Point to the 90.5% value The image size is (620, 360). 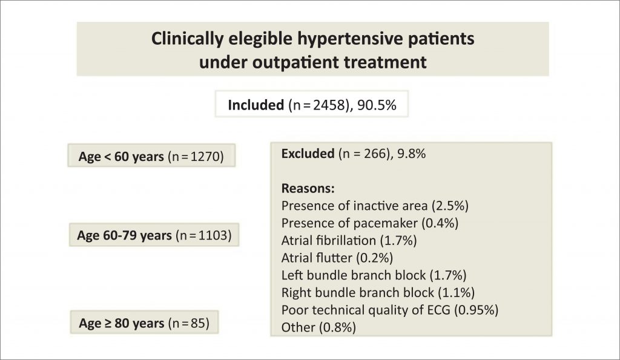377,105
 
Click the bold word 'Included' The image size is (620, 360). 256,105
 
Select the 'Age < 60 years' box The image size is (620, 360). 151,155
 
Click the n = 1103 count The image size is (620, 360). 203,235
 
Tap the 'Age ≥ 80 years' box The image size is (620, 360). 144,322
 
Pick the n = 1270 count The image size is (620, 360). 196,157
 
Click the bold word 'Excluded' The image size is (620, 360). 308,153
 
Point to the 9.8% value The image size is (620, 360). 411,153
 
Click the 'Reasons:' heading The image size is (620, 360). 308,188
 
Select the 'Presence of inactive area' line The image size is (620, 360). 375,206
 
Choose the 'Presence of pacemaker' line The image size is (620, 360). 370,223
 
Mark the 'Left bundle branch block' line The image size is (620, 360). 374,275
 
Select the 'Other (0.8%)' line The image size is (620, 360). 318,327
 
